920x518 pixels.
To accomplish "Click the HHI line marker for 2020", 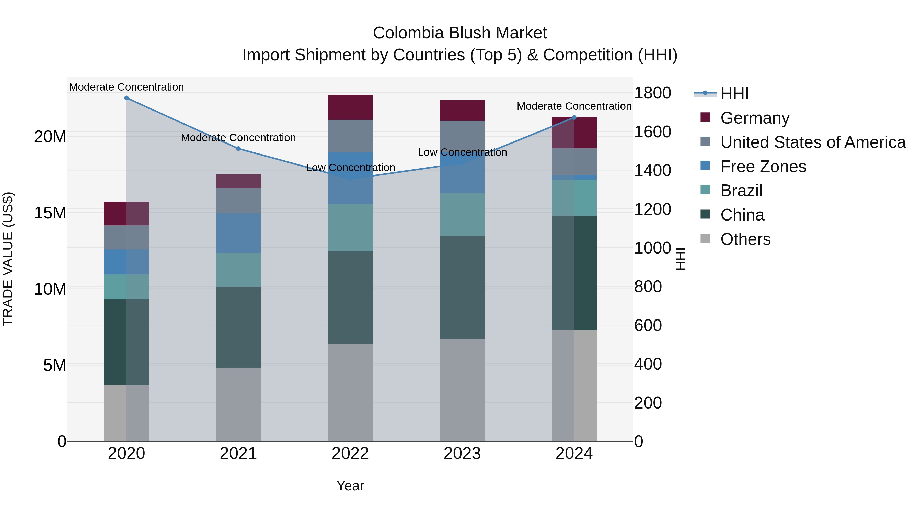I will coord(126,98).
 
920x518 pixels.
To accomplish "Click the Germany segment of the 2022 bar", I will coord(350,107).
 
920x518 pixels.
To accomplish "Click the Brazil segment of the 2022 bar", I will coord(350,228).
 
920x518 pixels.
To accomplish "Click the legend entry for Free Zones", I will coord(763,167).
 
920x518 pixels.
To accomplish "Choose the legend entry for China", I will coord(742,215).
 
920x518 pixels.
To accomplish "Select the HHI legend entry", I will coord(734,94).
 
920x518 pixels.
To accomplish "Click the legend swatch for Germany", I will coord(705,117).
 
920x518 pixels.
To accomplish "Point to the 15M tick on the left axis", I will coord(50,213).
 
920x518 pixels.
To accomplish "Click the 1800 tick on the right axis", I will coord(652,93).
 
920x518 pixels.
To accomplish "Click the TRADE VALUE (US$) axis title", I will coord(8,259).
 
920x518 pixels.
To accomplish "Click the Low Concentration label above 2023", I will coord(462,152).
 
